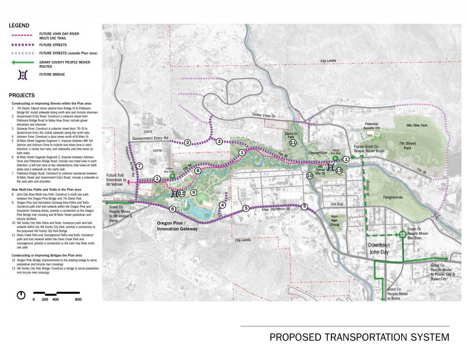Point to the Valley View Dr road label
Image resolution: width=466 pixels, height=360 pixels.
(x=265, y=115)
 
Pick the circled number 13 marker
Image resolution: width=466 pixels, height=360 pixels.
(x=339, y=170)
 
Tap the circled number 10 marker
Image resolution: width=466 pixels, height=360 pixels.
(x=309, y=176)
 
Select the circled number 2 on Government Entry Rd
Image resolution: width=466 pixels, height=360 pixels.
(x=187, y=143)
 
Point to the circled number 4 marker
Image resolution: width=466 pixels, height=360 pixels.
(x=222, y=205)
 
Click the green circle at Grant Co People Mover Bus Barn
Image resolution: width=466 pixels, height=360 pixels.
(x=402, y=235)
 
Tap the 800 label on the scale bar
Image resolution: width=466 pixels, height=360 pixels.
(x=78, y=299)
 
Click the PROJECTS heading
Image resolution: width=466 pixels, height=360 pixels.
(x=21, y=95)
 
